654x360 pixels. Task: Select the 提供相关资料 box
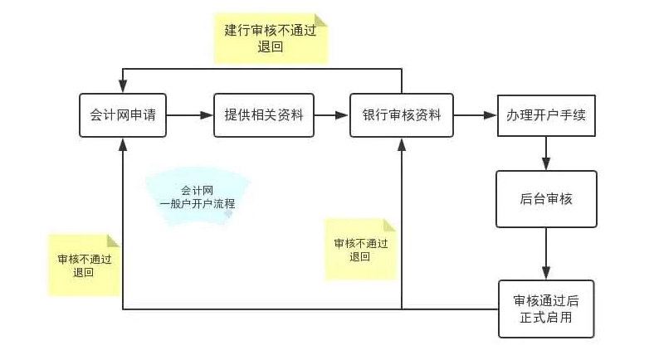pos(264,114)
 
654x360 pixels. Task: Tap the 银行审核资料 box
pos(401,114)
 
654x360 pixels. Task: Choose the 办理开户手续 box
pos(546,114)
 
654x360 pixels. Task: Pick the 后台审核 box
pos(546,199)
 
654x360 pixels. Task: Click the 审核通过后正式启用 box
pos(546,309)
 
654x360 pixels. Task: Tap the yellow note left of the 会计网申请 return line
pos(84,265)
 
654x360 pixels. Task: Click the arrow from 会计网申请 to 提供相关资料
pos(189,114)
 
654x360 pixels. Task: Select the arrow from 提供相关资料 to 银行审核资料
pos(331,114)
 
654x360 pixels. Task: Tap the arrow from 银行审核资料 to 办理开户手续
pos(476,114)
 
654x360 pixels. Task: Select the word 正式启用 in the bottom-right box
pos(546,318)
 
